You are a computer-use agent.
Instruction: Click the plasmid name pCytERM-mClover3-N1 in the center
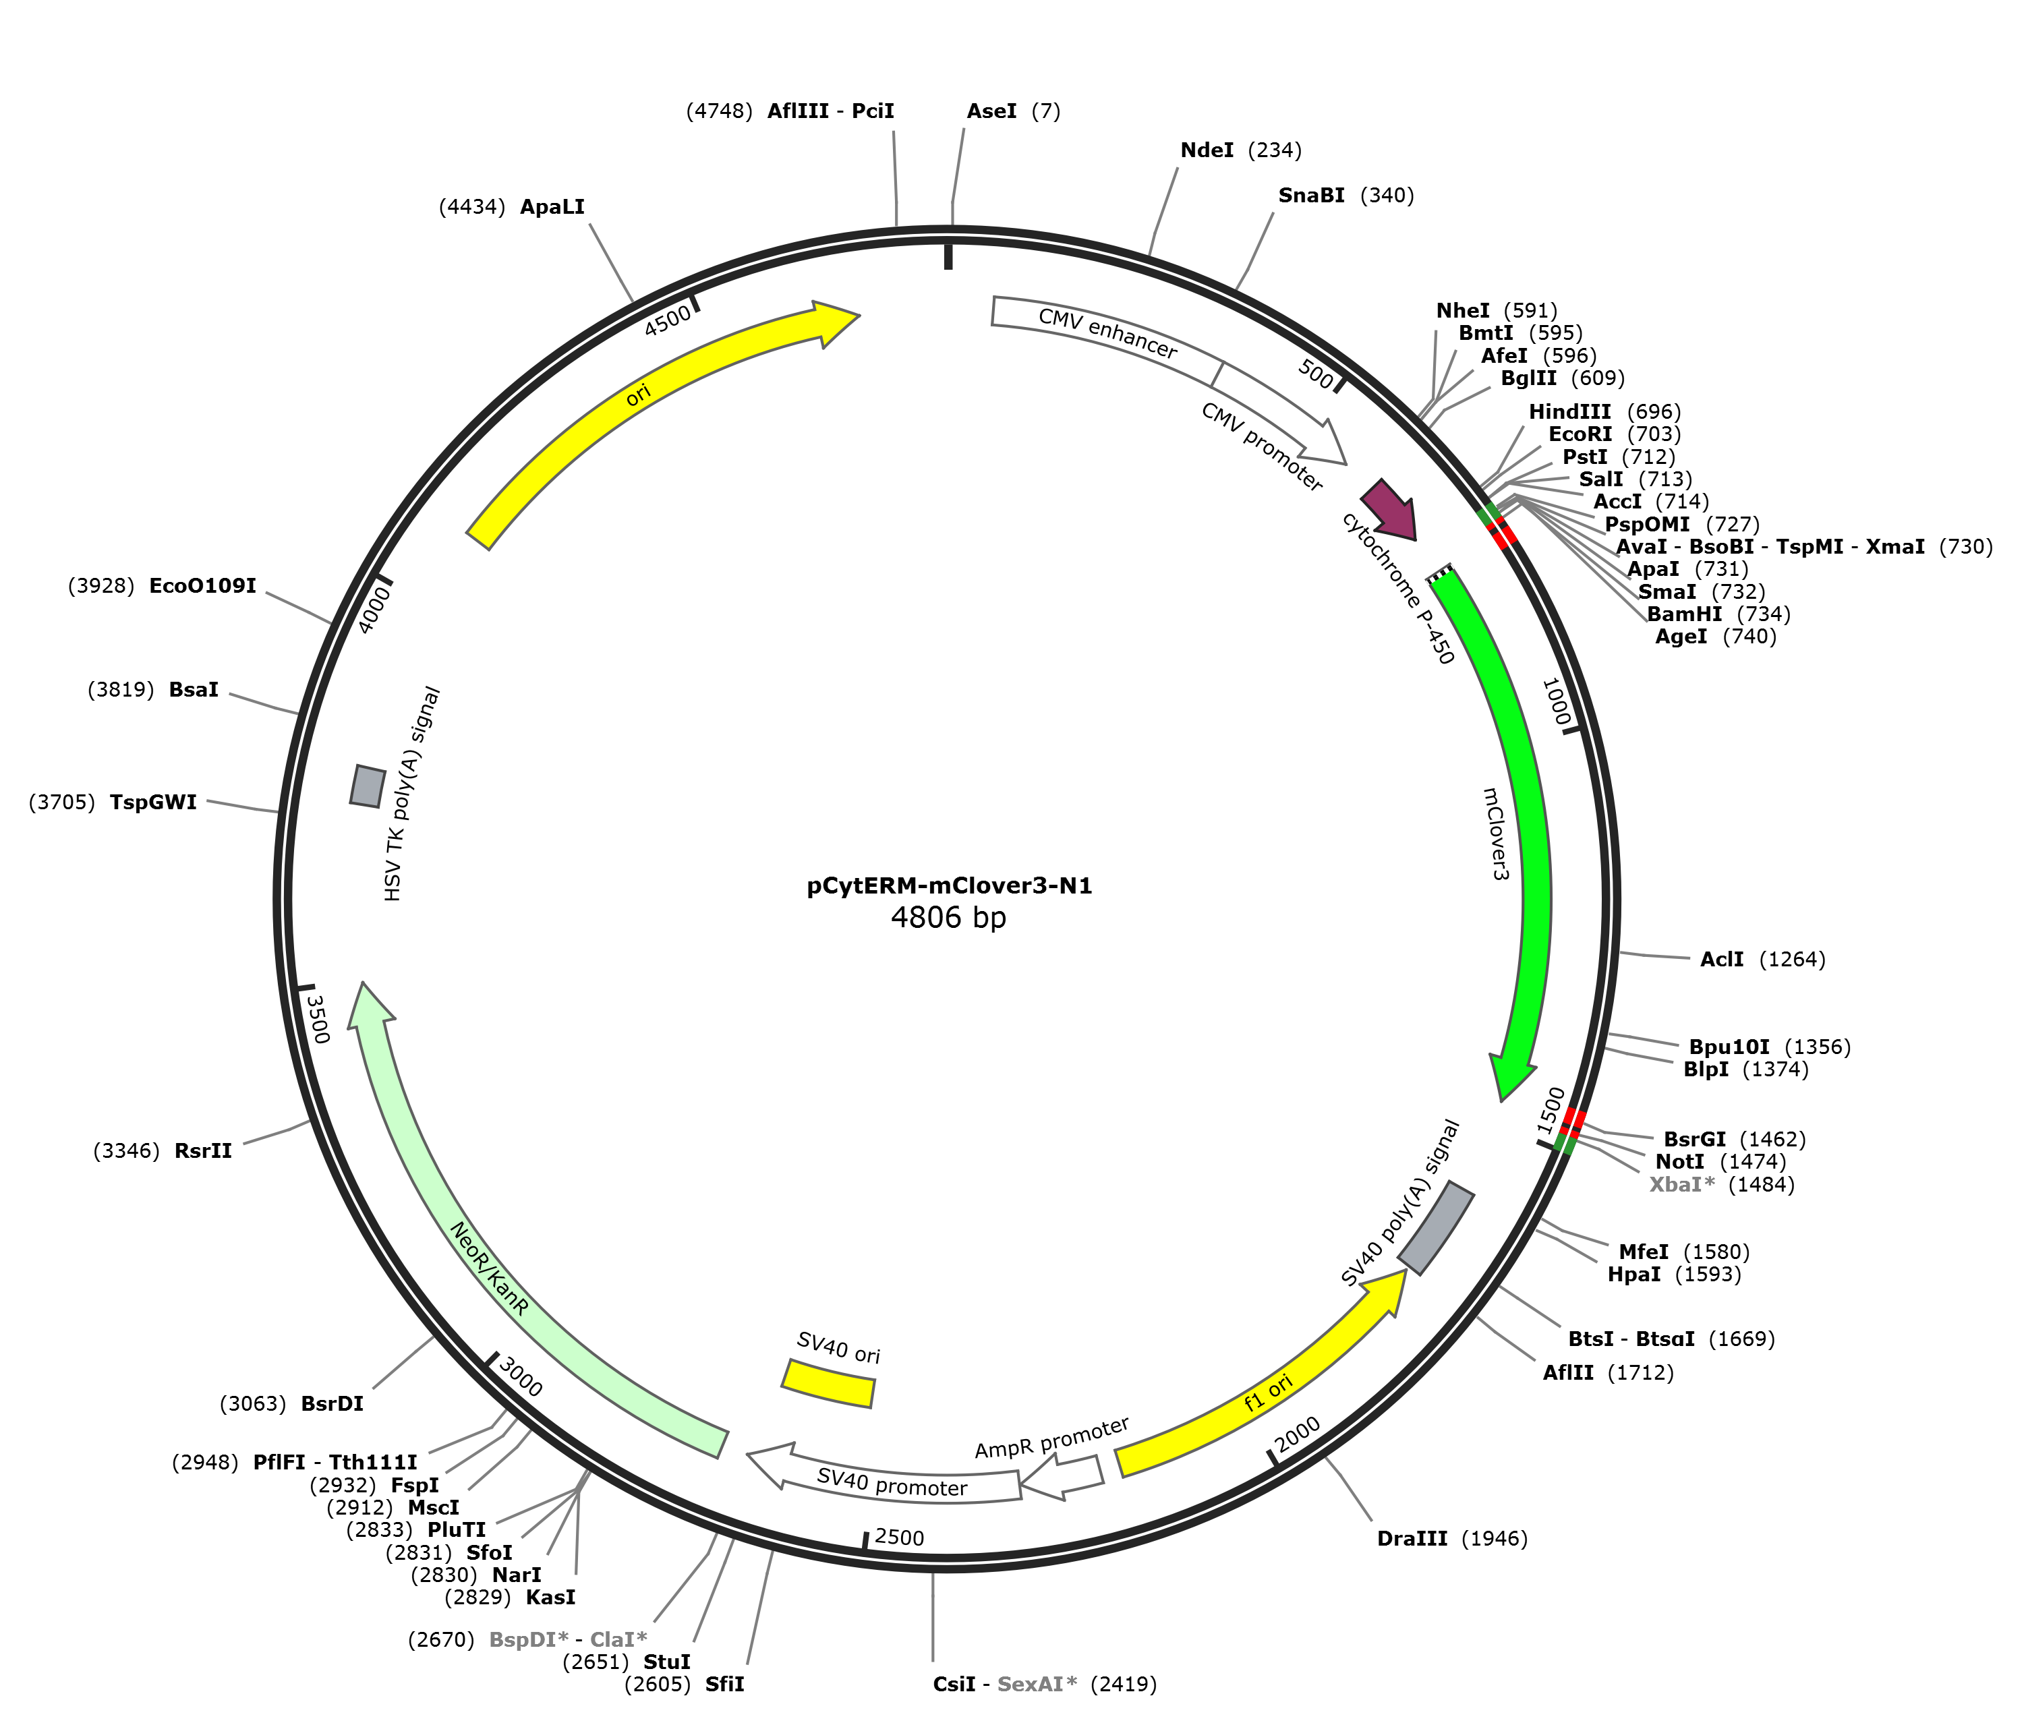pyautogui.click(x=948, y=887)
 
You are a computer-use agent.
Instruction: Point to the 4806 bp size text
pyautogui.click(x=948, y=917)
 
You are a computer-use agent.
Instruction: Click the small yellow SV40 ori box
pyautogui.click(x=829, y=1382)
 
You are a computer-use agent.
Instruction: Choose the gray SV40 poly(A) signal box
pyautogui.click(x=1435, y=1227)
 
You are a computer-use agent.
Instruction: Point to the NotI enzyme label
pyautogui.click(x=1680, y=1162)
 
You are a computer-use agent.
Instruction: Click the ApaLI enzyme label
pyautogui.click(x=552, y=206)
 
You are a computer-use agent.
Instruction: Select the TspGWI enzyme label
pyautogui.click(x=154, y=803)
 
